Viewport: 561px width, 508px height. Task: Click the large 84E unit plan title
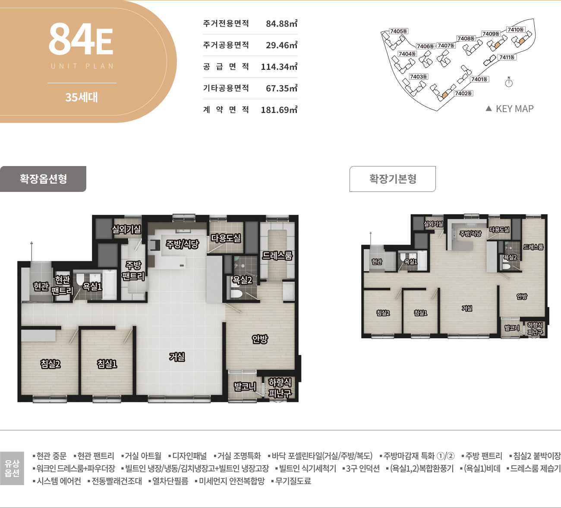tap(81, 39)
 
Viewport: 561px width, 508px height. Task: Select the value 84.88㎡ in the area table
tap(282, 23)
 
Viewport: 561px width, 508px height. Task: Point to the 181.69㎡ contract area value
tap(279, 110)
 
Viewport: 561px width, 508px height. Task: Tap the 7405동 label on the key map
tap(398, 31)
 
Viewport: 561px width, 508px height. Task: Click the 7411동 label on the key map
tap(507, 57)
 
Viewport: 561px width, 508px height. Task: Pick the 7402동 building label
tap(463, 94)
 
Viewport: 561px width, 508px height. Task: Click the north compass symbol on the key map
tap(509, 82)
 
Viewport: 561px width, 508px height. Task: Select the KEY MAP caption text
tap(514, 109)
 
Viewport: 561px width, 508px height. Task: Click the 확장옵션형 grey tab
tap(43, 179)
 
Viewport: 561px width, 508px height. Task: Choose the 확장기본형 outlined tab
tap(392, 179)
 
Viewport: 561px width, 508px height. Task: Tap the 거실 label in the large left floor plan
tap(177, 357)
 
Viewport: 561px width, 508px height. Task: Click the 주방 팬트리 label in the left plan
tap(133, 270)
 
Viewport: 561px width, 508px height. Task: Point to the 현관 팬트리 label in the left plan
tap(62, 285)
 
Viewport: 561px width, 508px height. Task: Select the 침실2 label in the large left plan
tap(50, 364)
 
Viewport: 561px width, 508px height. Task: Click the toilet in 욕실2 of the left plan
tap(236, 294)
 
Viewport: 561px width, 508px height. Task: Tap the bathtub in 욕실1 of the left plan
tap(109, 284)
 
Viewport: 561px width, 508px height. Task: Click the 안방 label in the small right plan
tap(522, 296)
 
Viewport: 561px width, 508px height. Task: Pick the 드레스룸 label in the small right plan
tap(533, 247)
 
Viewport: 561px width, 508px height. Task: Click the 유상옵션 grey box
tap(12, 468)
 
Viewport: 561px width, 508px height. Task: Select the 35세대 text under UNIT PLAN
tap(82, 97)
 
